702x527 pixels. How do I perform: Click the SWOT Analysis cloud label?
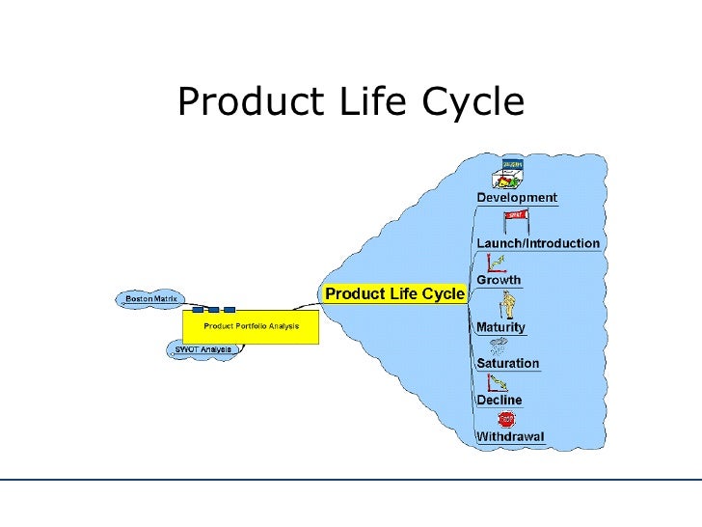click(x=202, y=348)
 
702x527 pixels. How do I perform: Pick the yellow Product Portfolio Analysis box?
click(x=251, y=326)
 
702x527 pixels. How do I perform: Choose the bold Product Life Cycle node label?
click(x=393, y=292)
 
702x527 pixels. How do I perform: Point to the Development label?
click(x=517, y=197)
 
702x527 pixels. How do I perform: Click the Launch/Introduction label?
click(x=539, y=243)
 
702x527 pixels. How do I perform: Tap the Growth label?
click(x=499, y=280)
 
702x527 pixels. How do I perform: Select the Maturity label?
click(x=500, y=327)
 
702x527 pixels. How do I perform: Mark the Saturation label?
click(x=508, y=364)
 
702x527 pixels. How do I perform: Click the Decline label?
click(x=499, y=400)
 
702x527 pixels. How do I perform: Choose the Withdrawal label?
click(x=510, y=437)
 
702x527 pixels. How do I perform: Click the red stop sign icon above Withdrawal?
click(x=506, y=419)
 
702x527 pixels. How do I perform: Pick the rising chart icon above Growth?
click(x=498, y=262)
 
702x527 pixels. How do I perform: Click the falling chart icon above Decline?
click(x=499, y=383)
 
